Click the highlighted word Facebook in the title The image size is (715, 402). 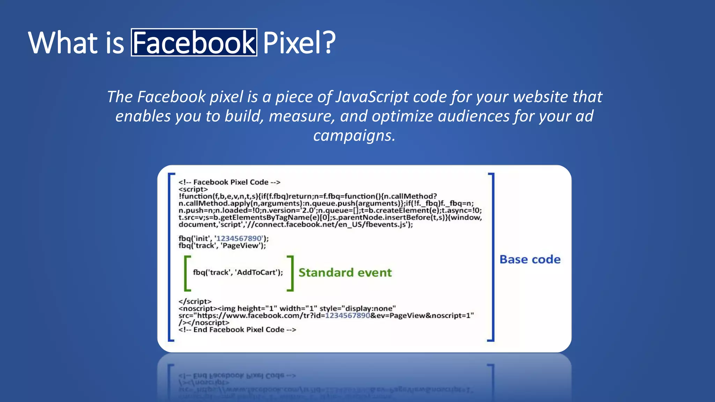[194, 43]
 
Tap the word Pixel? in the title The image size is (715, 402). [299, 43]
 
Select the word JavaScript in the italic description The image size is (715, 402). [372, 97]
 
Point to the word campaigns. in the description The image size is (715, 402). [354, 135]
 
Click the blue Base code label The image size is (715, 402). [530, 259]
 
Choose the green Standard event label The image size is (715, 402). [345, 273]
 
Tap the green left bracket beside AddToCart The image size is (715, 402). [187, 273]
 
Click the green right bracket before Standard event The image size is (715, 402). [290, 273]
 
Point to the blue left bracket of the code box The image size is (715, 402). [171, 257]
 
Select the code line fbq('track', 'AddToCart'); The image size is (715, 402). [238, 273]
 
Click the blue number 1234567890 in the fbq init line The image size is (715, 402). [239, 238]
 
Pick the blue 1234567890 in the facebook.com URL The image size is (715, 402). [347, 315]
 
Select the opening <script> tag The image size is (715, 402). [193, 189]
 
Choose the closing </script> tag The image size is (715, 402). [195, 301]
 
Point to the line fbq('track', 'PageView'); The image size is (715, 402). [222, 246]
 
